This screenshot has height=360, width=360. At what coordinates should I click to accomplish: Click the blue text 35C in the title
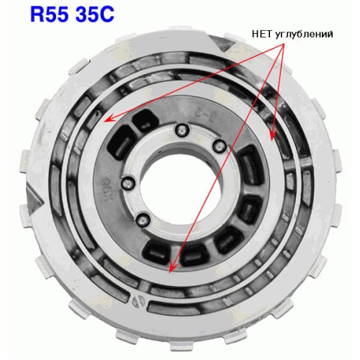[94, 14]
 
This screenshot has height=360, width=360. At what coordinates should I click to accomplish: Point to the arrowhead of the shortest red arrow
[274, 135]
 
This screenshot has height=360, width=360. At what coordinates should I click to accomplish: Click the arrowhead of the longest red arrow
[171, 269]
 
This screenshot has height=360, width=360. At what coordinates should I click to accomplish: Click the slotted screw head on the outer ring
[138, 301]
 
